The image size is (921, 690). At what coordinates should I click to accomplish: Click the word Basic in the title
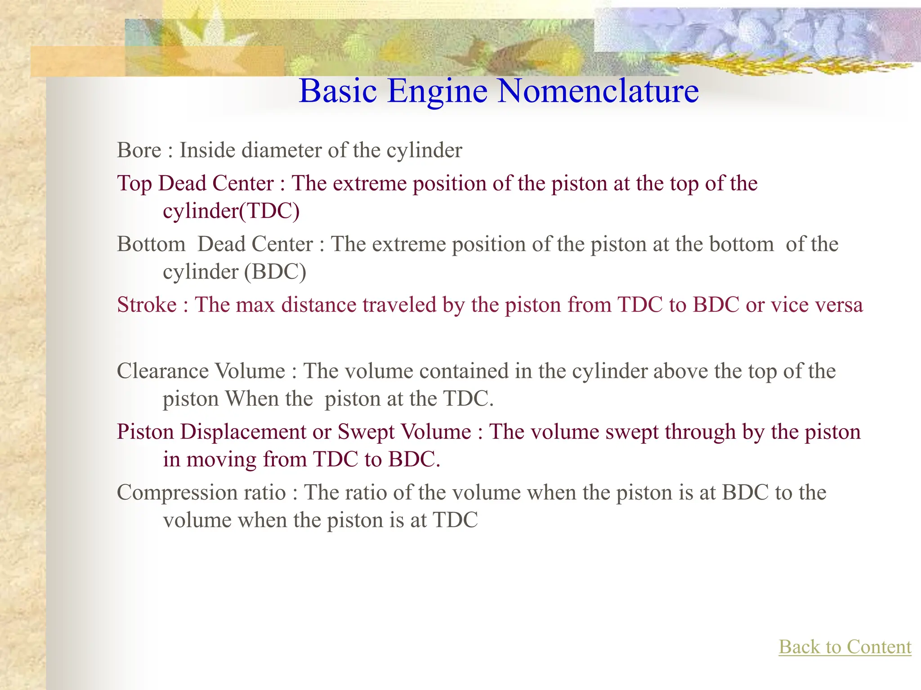(x=338, y=91)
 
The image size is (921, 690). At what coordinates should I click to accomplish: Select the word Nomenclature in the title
(x=598, y=91)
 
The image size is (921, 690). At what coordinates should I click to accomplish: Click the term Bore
(x=139, y=150)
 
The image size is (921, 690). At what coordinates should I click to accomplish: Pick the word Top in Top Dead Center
(x=134, y=184)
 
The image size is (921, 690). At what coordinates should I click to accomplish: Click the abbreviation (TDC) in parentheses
(x=269, y=211)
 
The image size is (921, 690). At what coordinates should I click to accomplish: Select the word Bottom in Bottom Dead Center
(x=151, y=244)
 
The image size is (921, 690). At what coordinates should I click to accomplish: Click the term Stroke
(x=147, y=305)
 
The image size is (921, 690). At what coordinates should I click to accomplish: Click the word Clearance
(x=162, y=372)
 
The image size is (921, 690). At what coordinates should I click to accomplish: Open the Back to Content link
(x=845, y=647)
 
